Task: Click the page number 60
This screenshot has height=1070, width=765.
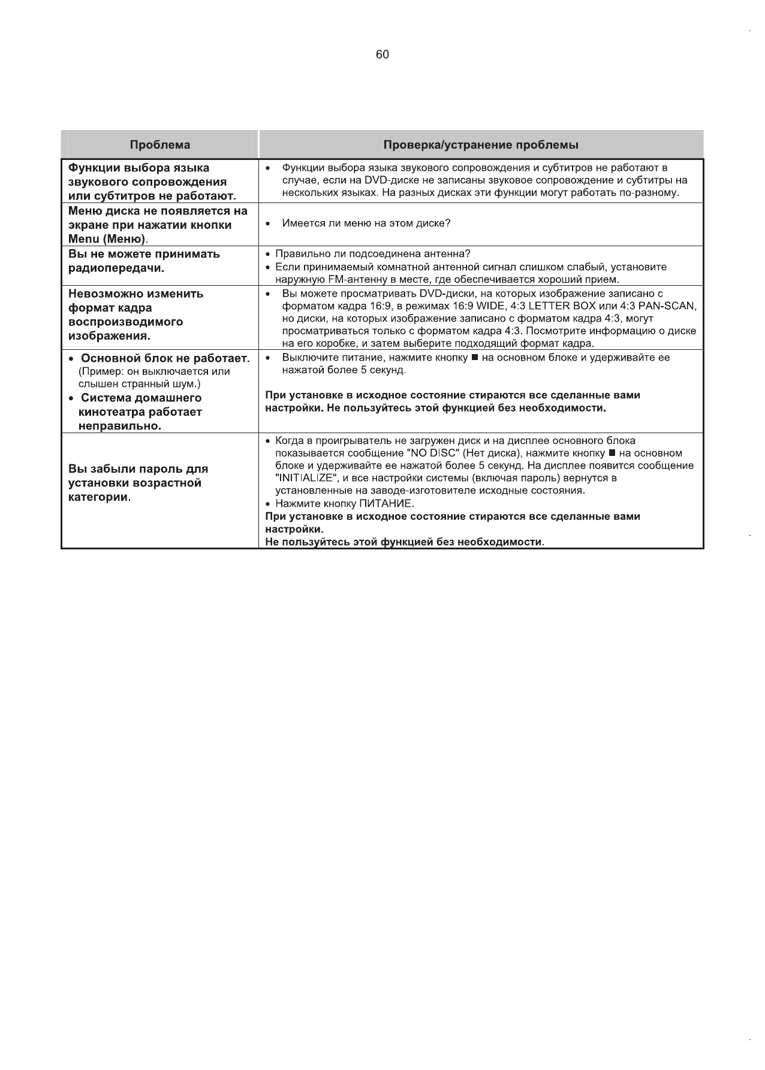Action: pos(382,55)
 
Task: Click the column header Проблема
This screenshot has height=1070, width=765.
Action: pos(160,145)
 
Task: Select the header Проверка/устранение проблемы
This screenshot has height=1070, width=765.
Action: pos(481,145)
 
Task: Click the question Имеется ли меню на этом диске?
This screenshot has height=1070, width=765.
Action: pos(366,223)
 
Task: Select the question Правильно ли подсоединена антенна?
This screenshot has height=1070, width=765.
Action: pos(372,254)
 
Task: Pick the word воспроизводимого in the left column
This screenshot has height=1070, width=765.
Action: pos(126,322)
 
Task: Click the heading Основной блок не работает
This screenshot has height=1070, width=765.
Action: pos(164,358)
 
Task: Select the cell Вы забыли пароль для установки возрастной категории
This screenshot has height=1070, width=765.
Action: pos(138,483)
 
